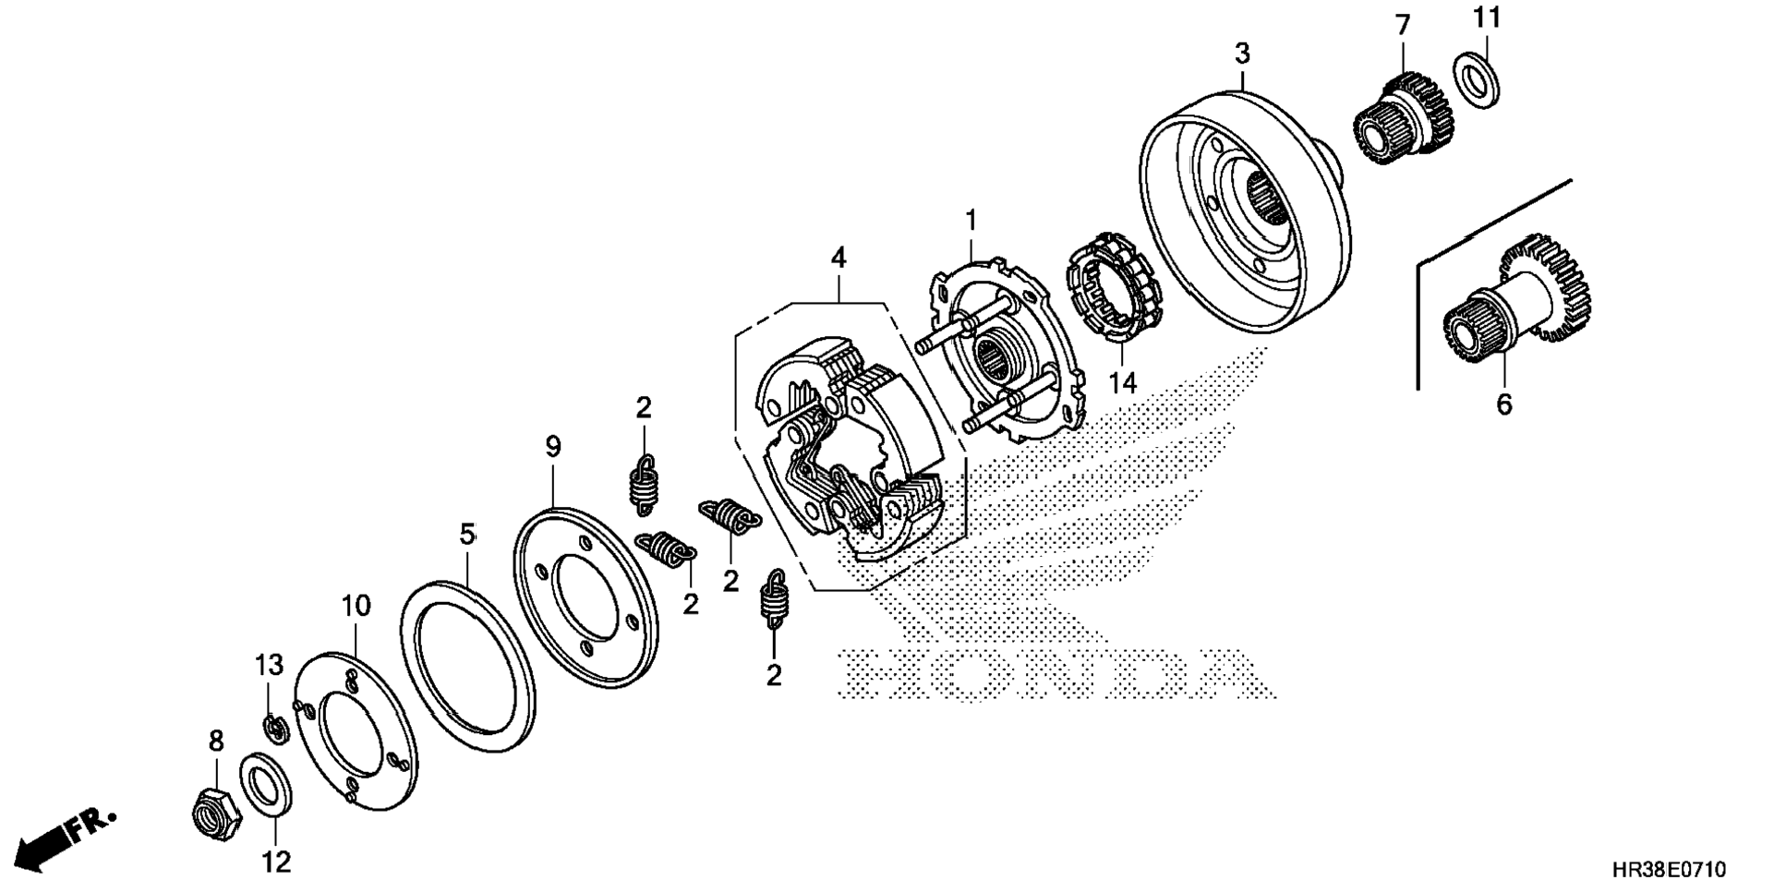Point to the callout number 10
point(356,607)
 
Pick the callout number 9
point(553,448)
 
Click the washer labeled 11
point(1477,80)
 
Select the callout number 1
point(971,220)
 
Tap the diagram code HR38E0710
point(1668,870)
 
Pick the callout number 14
point(1123,381)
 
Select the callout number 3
point(1242,54)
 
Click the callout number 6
point(1503,404)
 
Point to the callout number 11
point(1487,18)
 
